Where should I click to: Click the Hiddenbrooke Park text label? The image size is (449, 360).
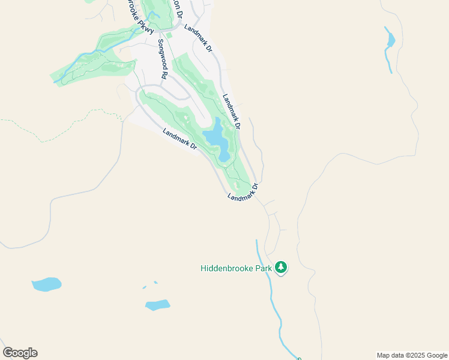tap(237, 269)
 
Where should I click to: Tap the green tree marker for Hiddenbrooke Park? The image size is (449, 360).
tap(281, 268)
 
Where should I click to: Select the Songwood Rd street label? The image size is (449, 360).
tap(161, 60)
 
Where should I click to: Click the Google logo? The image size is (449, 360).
tap(20, 353)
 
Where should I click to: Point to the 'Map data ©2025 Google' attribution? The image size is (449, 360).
tap(412, 355)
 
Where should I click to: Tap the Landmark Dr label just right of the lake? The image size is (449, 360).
tap(231, 112)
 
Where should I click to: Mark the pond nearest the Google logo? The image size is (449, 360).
tap(46, 284)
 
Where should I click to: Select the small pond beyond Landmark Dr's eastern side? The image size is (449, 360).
tap(390, 39)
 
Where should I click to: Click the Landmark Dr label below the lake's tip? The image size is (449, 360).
tap(243, 193)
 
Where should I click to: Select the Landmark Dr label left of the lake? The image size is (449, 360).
tap(180, 139)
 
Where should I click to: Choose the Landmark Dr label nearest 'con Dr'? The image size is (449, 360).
tap(198, 38)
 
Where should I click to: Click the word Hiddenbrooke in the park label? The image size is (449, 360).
tap(226, 269)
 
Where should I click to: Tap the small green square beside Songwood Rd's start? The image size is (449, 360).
tap(169, 35)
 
